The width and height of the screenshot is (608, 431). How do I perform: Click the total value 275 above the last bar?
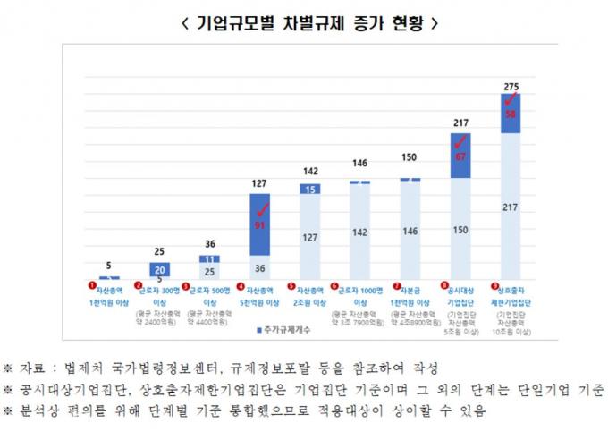[x=511, y=87]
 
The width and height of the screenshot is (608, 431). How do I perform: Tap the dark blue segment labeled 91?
[x=260, y=225]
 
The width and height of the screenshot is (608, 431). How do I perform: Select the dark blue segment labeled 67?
[x=460, y=156]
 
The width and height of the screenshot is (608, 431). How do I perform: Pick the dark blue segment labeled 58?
[x=511, y=114]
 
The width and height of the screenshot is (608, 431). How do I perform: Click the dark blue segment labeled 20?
[x=160, y=269]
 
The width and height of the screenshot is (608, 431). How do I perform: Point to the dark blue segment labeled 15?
[x=310, y=190]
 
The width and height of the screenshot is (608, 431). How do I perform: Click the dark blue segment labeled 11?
[x=210, y=258]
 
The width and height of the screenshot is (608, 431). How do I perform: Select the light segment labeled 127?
[x=310, y=237]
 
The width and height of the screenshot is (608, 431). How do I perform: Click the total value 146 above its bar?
[x=360, y=165]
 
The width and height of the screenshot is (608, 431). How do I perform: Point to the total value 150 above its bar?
[x=410, y=158]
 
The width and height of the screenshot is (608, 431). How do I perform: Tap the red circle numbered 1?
[x=91, y=285]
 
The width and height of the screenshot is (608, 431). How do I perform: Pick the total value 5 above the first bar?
[x=109, y=266]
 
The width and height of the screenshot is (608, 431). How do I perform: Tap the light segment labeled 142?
[x=360, y=232]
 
